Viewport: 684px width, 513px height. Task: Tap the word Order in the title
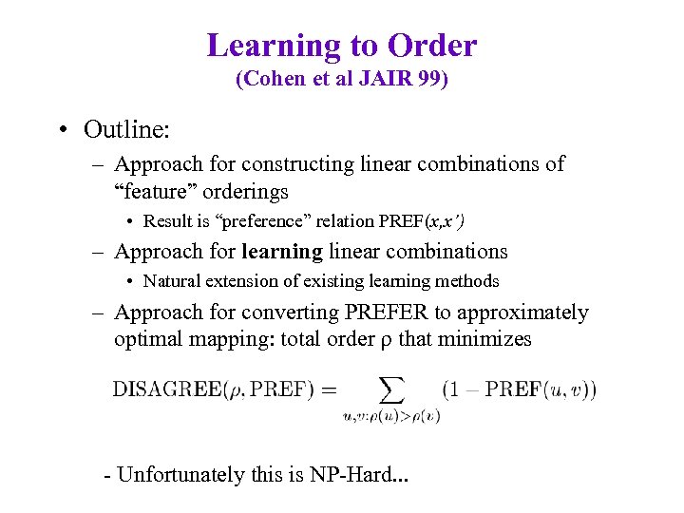click(x=431, y=45)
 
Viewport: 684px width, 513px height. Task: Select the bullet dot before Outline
click(x=62, y=129)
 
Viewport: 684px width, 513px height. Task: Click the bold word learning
click(x=282, y=252)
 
